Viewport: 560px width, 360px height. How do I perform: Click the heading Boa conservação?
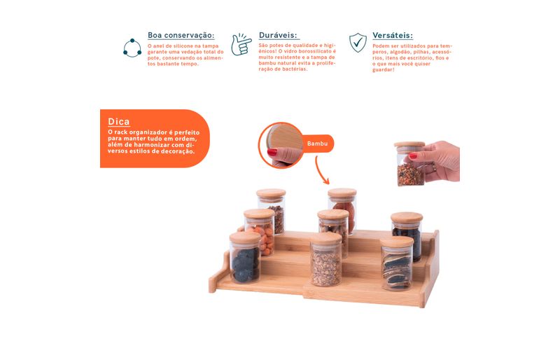[181, 36]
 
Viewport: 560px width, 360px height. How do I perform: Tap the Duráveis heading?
[278, 35]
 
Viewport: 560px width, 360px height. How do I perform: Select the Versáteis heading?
[393, 36]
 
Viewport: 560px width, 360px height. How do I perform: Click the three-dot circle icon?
[132, 48]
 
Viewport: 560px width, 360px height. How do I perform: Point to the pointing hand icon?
[241, 44]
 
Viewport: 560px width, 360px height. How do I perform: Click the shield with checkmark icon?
[358, 43]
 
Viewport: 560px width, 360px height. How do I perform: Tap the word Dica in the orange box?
[118, 122]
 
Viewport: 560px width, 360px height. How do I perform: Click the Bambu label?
[317, 144]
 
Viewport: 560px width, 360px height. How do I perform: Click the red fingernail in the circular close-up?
[272, 152]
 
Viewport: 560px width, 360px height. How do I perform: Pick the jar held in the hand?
[410, 163]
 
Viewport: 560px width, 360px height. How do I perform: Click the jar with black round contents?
[245, 258]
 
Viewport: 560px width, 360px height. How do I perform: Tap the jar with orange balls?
[260, 233]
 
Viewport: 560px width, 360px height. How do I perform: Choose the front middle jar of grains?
[325, 260]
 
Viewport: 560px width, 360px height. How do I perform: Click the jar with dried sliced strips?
[396, 263]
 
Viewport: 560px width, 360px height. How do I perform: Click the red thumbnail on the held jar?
[413, 156]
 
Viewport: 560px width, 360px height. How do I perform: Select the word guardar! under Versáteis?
[383, 70]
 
